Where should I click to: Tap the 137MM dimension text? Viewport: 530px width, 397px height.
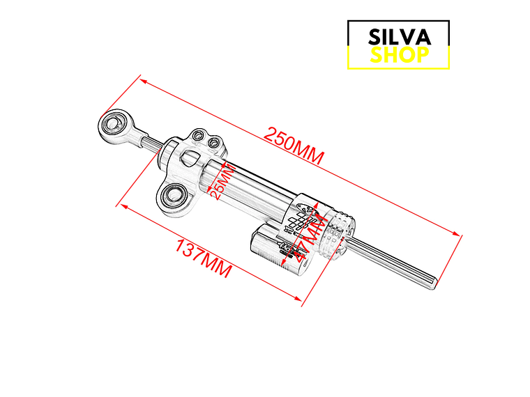[203, 258]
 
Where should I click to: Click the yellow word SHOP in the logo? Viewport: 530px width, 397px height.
[399, 55]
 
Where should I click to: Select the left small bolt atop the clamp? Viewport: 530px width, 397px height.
[199, 135]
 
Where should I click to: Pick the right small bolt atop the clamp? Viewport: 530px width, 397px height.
[214, 143]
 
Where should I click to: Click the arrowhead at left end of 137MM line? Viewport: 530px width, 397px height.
[121, 206]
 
